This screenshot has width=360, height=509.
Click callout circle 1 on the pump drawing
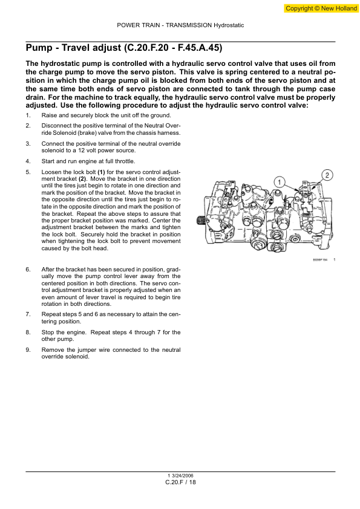click(x=279, y=181)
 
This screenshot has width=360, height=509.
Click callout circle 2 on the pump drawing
click(x=326, y=175)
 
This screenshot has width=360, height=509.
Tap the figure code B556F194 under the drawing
click(x=321, y=260)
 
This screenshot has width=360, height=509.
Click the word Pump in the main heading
click(x=40, y=48)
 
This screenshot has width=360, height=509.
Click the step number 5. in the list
click(x=28, y=172)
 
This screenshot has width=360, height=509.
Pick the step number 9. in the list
click(x=28, y=350)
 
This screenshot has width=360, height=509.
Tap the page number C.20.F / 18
click(x=180, y=483)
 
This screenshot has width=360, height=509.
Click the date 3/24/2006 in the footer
click(x=182, y=476)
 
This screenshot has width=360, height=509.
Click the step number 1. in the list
click(x=28, y=115)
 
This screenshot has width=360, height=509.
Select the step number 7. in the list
click(x=28, y=314)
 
